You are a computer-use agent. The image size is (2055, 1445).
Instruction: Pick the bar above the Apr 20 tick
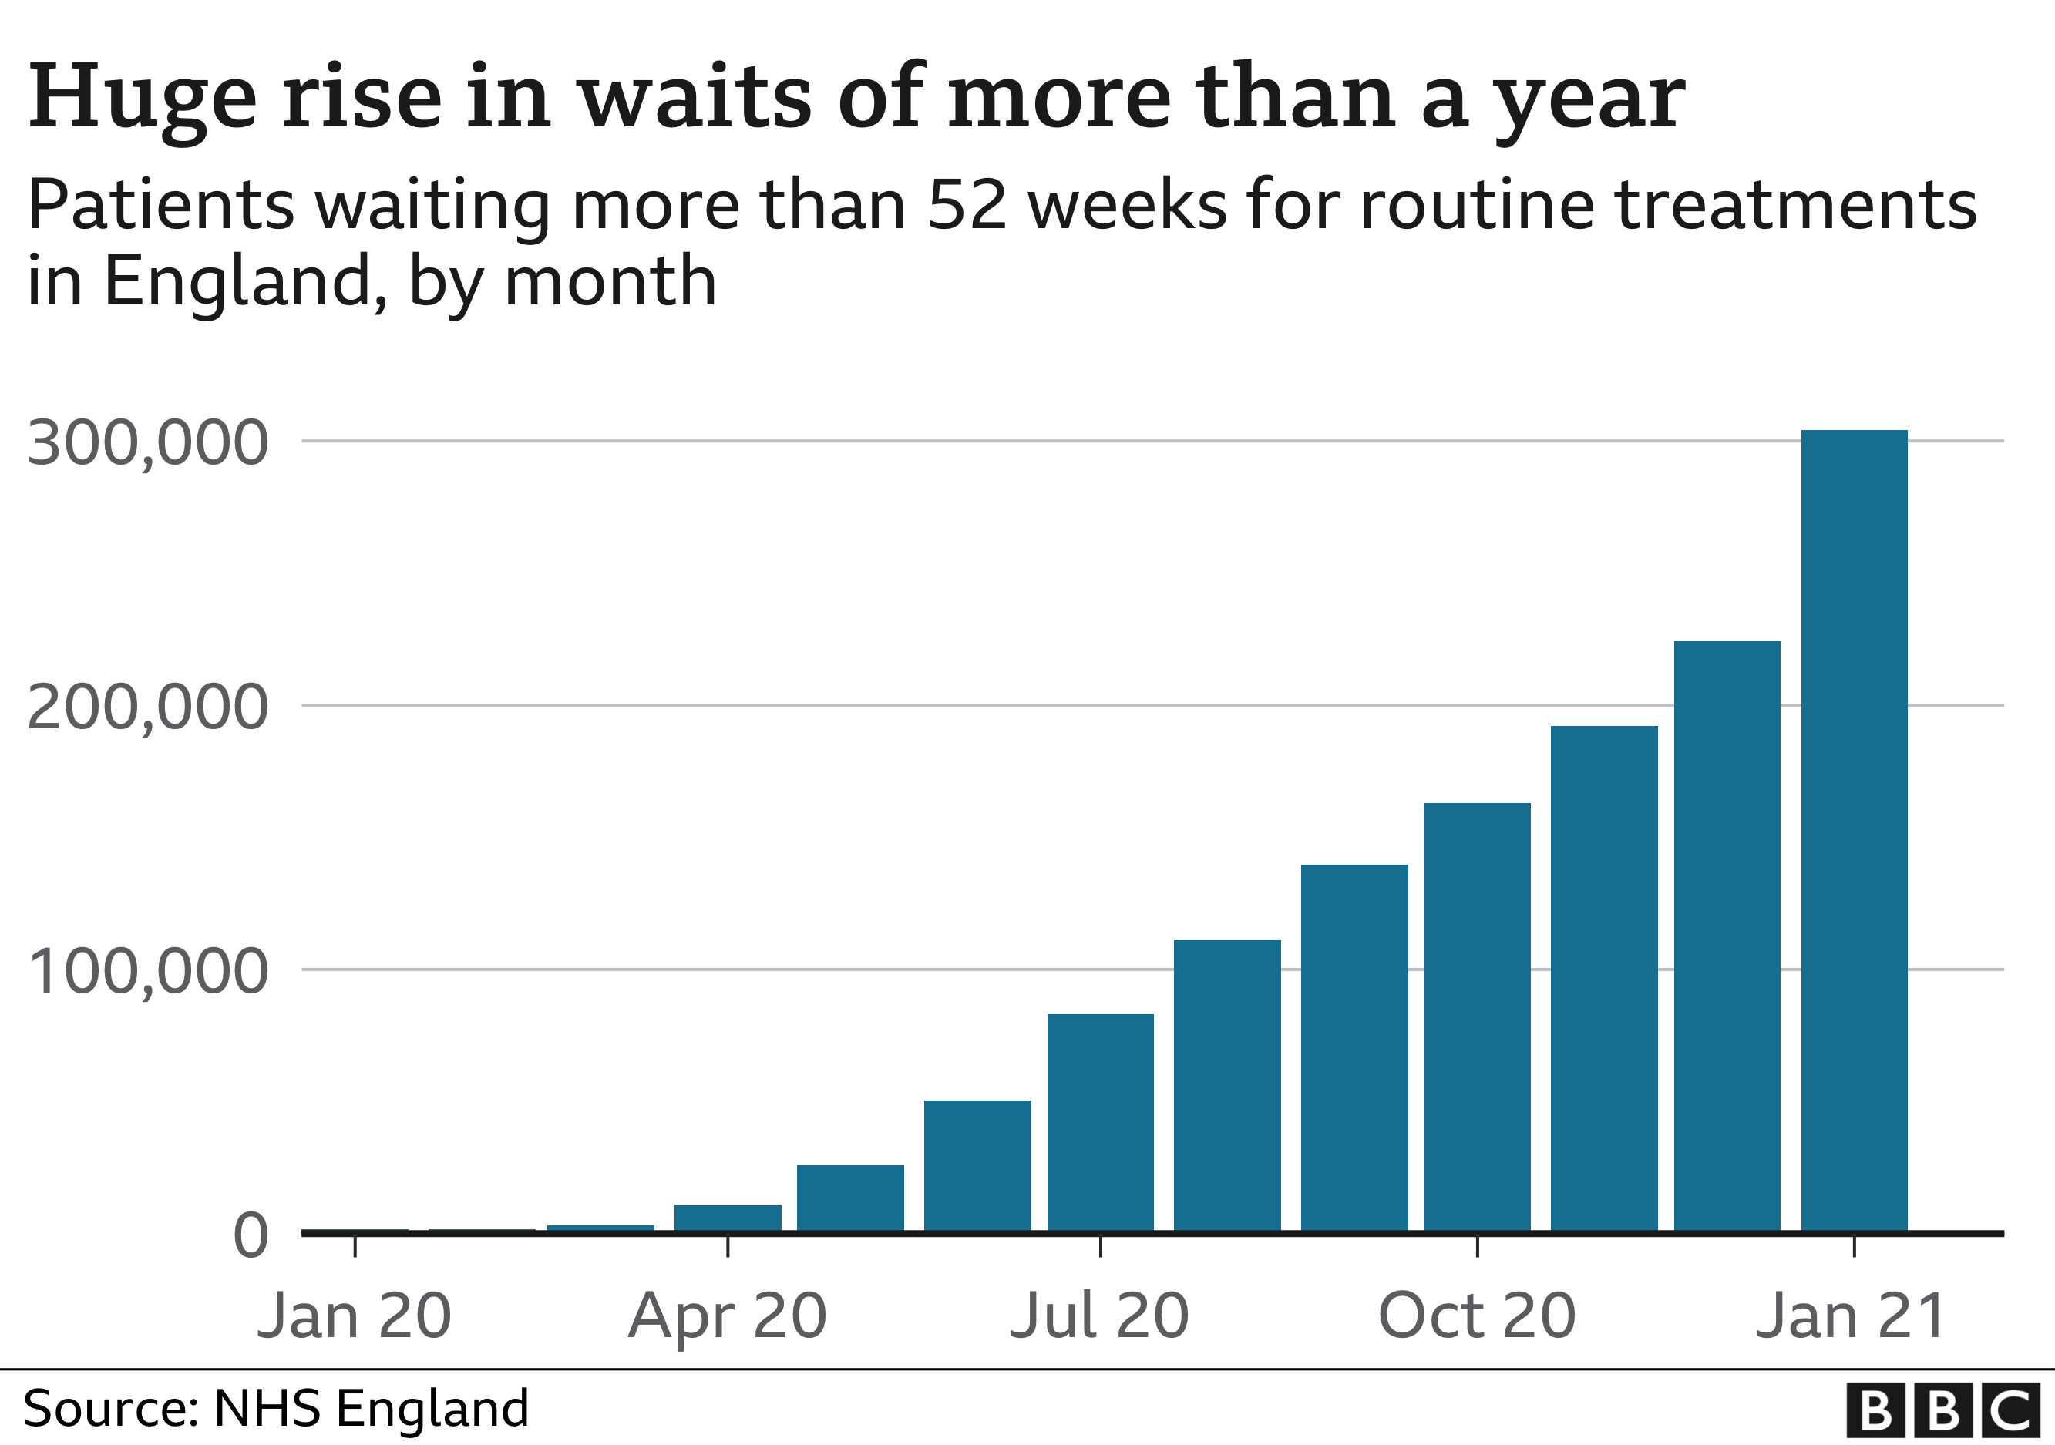coord(728,1218)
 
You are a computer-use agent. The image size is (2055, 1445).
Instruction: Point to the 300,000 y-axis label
coord(148,443)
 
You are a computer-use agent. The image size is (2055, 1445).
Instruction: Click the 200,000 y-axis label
coord(148,707)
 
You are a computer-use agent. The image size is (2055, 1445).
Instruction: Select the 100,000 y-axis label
coord(148,972)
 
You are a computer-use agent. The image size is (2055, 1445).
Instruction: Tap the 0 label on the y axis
coord(251,1236)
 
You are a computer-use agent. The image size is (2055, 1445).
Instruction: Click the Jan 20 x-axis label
coord(355,1316)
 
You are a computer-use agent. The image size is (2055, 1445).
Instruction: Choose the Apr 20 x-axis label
coord(728,1316)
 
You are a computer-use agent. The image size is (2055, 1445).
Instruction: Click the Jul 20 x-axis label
coord(1100,1316)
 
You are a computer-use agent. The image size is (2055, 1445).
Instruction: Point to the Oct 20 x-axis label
coord(1477,1316)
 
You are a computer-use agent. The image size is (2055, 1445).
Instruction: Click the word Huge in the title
coord(143,99)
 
